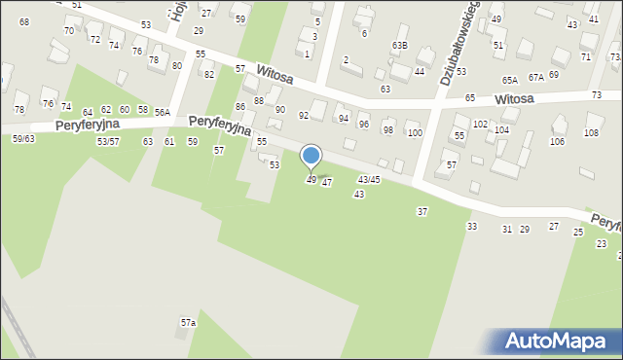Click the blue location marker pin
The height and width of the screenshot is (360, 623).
point(311,157)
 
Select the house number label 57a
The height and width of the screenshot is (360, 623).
point(188,322)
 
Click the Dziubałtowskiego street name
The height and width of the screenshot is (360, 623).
point(458,44)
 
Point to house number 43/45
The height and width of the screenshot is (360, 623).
point(369,180)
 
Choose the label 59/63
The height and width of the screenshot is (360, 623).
point(23,139)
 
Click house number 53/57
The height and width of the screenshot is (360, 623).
point(108,142)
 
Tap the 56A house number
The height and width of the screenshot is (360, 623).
point(161,112)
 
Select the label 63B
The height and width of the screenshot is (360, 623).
point(399,46)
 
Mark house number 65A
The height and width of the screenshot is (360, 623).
point(510,80)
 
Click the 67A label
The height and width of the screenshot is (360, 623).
point(536,77)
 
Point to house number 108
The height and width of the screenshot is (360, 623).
point(591,131)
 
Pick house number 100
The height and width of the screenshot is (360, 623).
point(415,132)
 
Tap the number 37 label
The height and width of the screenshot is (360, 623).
point(422,211)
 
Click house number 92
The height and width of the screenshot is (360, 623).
point(304,116)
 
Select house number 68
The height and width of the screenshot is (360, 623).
point(24,21)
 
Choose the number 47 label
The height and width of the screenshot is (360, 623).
point(327,183)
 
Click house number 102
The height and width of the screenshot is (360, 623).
point(480,125)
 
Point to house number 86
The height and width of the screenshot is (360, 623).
point(240,106)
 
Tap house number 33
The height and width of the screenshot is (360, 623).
point(472,226)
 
